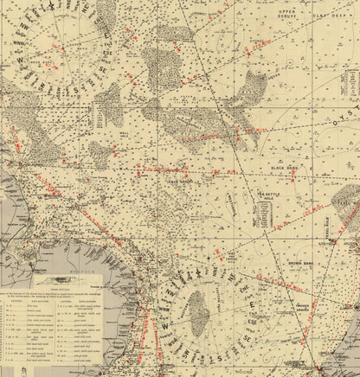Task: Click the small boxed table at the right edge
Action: (x=352, y=86)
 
